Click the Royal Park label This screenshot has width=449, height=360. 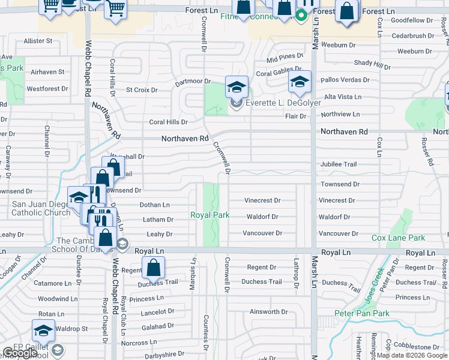(x=210, y=215)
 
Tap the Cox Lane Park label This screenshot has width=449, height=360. (x=398, y=238)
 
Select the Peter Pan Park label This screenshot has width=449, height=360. (x=361, y=313)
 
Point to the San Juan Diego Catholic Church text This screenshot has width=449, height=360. (x=41, y=208)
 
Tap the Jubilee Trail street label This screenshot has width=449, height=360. (x=339, y=164)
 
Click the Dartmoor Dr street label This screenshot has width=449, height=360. (x=193, y=81)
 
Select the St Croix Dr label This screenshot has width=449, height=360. (x=141, y=90)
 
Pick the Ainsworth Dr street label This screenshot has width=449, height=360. (x=268, y=311)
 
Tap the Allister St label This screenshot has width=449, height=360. (x=38, y=41)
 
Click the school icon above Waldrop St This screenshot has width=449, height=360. (x=43, y=331)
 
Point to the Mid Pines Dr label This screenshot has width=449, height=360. (x=285, y=56)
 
